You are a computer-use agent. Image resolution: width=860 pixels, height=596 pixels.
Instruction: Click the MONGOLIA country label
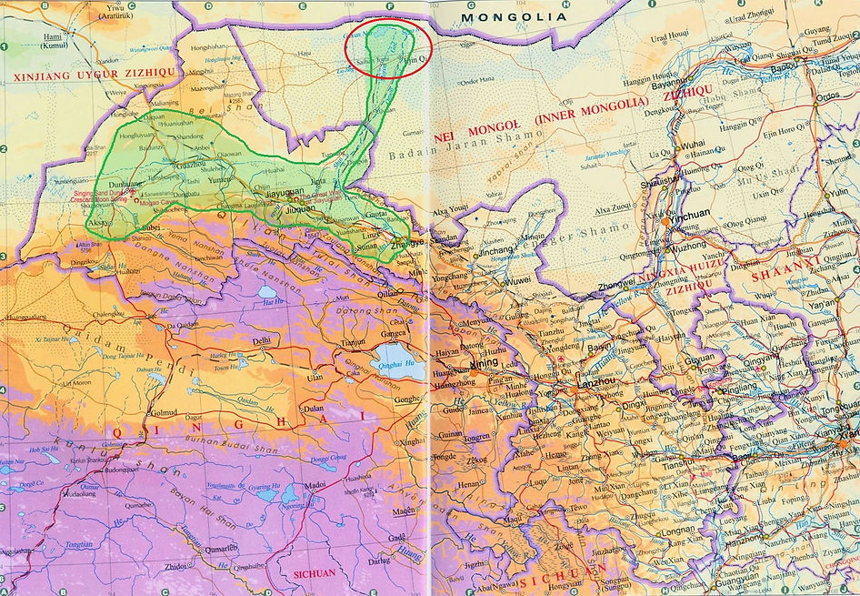tap(512, 16)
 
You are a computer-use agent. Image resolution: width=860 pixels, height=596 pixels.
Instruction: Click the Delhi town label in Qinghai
tap(262, 340)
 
